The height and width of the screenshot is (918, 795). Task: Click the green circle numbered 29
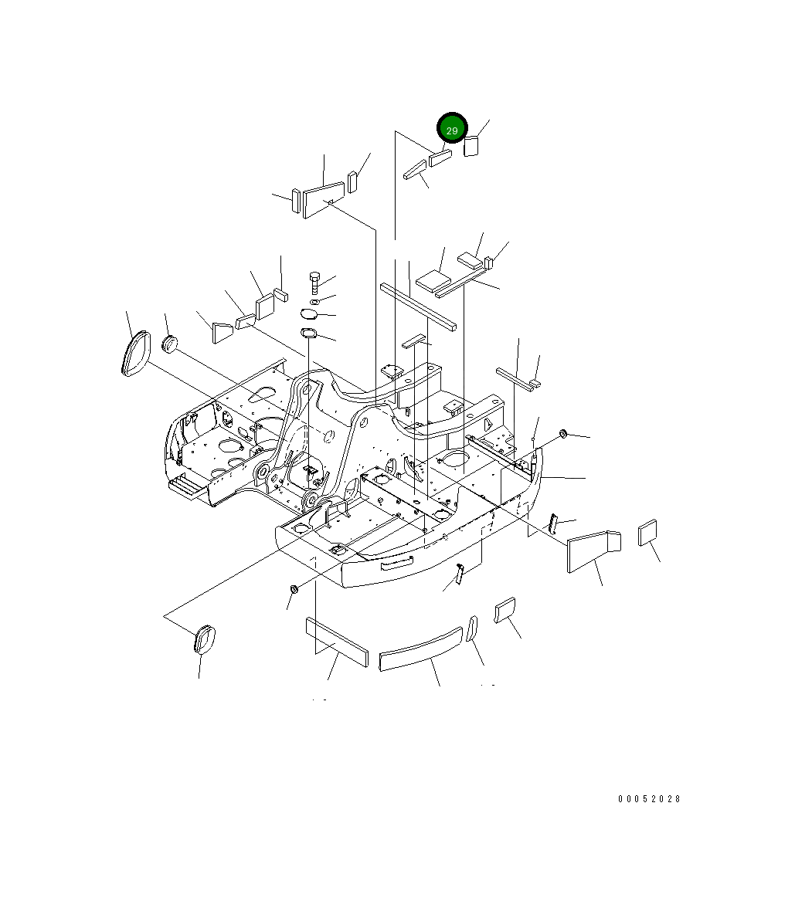(452, 128)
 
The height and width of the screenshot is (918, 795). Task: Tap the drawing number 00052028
(649, 798)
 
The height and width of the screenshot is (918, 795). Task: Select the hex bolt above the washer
(314, 282)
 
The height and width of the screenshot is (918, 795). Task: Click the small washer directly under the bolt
(315, 301)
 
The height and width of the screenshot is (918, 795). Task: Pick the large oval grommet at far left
(135, 354)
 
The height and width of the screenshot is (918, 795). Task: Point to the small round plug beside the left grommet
(169, 344)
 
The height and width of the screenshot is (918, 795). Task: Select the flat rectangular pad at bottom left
(337, 642)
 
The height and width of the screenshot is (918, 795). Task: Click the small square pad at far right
(647, 533)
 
